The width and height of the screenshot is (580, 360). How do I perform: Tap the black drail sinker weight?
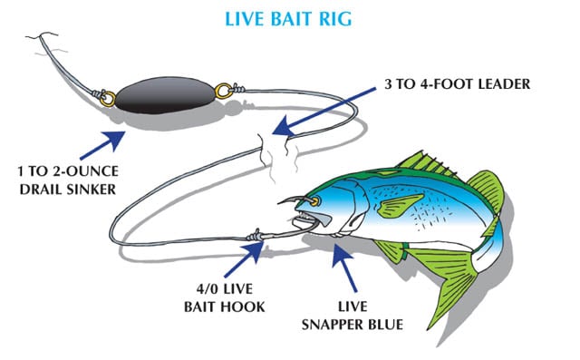point(166,93)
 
